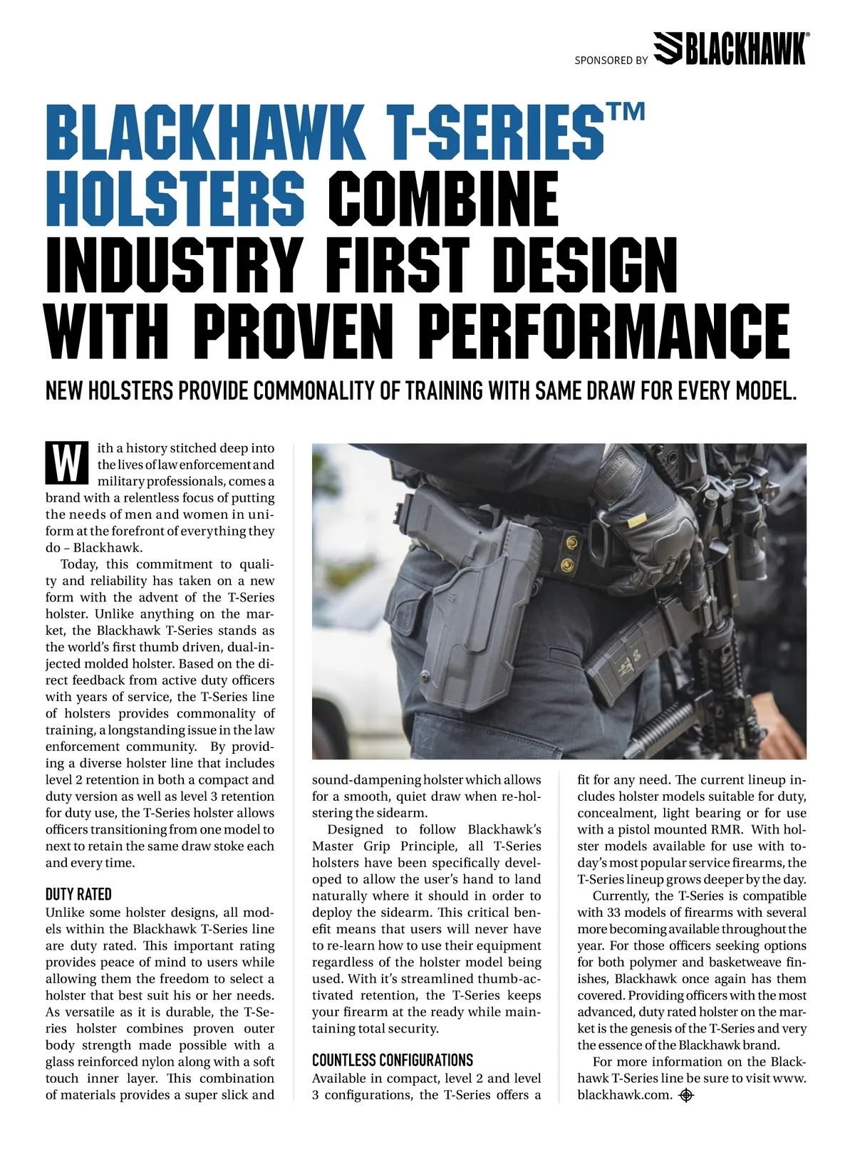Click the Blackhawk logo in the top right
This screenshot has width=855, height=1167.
(730, 48)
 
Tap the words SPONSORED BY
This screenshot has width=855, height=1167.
(611, 61)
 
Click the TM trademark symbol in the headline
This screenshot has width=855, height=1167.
(627, 113)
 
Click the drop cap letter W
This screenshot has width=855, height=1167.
(66, 462)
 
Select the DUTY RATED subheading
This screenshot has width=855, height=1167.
(78, 894)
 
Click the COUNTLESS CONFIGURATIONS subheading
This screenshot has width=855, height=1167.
(392, 1059)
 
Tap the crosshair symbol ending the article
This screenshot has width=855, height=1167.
(686, 1095)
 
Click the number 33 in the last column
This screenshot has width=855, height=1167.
(614, 913)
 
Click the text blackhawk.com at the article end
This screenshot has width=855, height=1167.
(624, 1095)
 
